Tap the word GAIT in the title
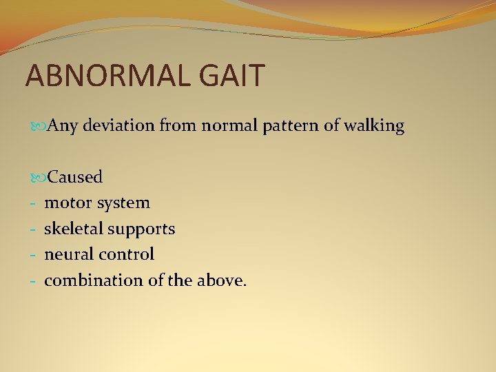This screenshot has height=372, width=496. pyautogui.click(x=231, y=76)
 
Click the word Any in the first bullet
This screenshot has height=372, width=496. pyautogui.click(x=64, y=126)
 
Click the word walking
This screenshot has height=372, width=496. pyautogui.click(x=377, y=127)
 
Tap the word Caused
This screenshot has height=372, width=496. pyautogui.click(x=74, y=177)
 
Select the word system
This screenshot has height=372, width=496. pyautogui.click(x=124, y=203)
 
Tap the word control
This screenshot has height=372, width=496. pyautogui.click(x=127, y=254)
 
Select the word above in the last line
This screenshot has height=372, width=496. pyautogui.click(x=221, y=280)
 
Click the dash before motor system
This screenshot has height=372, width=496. pyautogui.click(x=32, y=203)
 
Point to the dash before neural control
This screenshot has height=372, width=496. pyautogui.click(x=32, y=254)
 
